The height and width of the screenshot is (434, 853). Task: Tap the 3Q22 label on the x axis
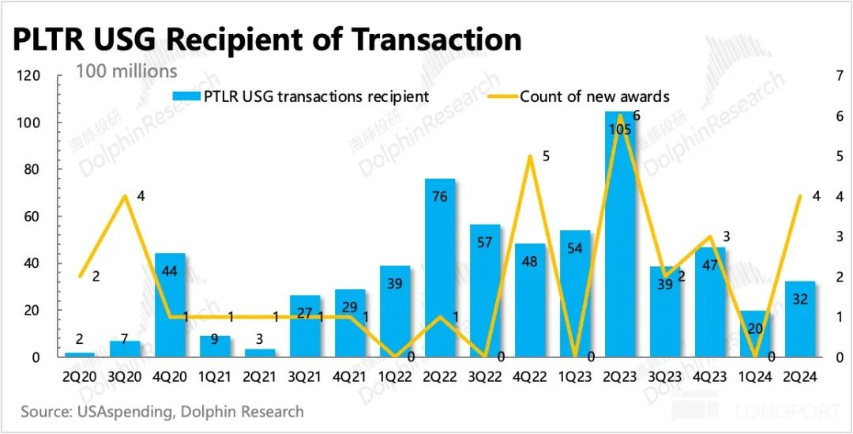[484, 377]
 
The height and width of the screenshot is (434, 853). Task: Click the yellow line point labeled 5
[530, 157]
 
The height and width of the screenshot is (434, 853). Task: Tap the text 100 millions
[126, 71]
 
